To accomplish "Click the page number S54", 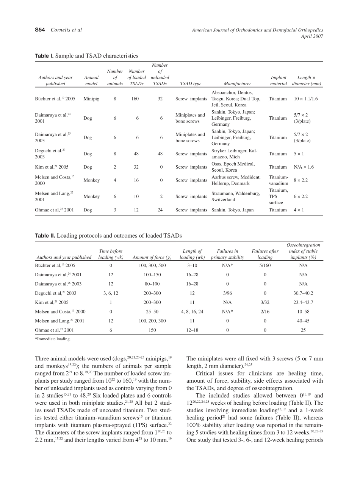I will click(x=40, y=30).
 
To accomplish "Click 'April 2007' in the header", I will click(x=312, y=36).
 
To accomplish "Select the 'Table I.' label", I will click(x=44, y=56).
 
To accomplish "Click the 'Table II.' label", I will click(x=45, y=235).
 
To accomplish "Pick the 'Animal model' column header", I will click(x=91, y=81).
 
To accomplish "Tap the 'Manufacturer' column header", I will click(x=237, y=84).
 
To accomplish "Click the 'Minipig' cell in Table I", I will click(x=91, y=99).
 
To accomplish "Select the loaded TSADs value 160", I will click(x=135, y=99).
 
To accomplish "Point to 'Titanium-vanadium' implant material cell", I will click(x=279, y=180).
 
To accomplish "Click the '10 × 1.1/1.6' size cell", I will click(x=306, y=99).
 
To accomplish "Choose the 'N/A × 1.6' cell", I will click(x=304, y=167).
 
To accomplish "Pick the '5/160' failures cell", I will click(x=265, y=265).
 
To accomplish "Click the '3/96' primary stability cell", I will click(x=227, y=293).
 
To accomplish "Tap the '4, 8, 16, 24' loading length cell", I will click(x=192, y=311).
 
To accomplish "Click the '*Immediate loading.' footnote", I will click(x=53, y=339).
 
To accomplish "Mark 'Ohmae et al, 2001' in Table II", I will click(x=55, y=330).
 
